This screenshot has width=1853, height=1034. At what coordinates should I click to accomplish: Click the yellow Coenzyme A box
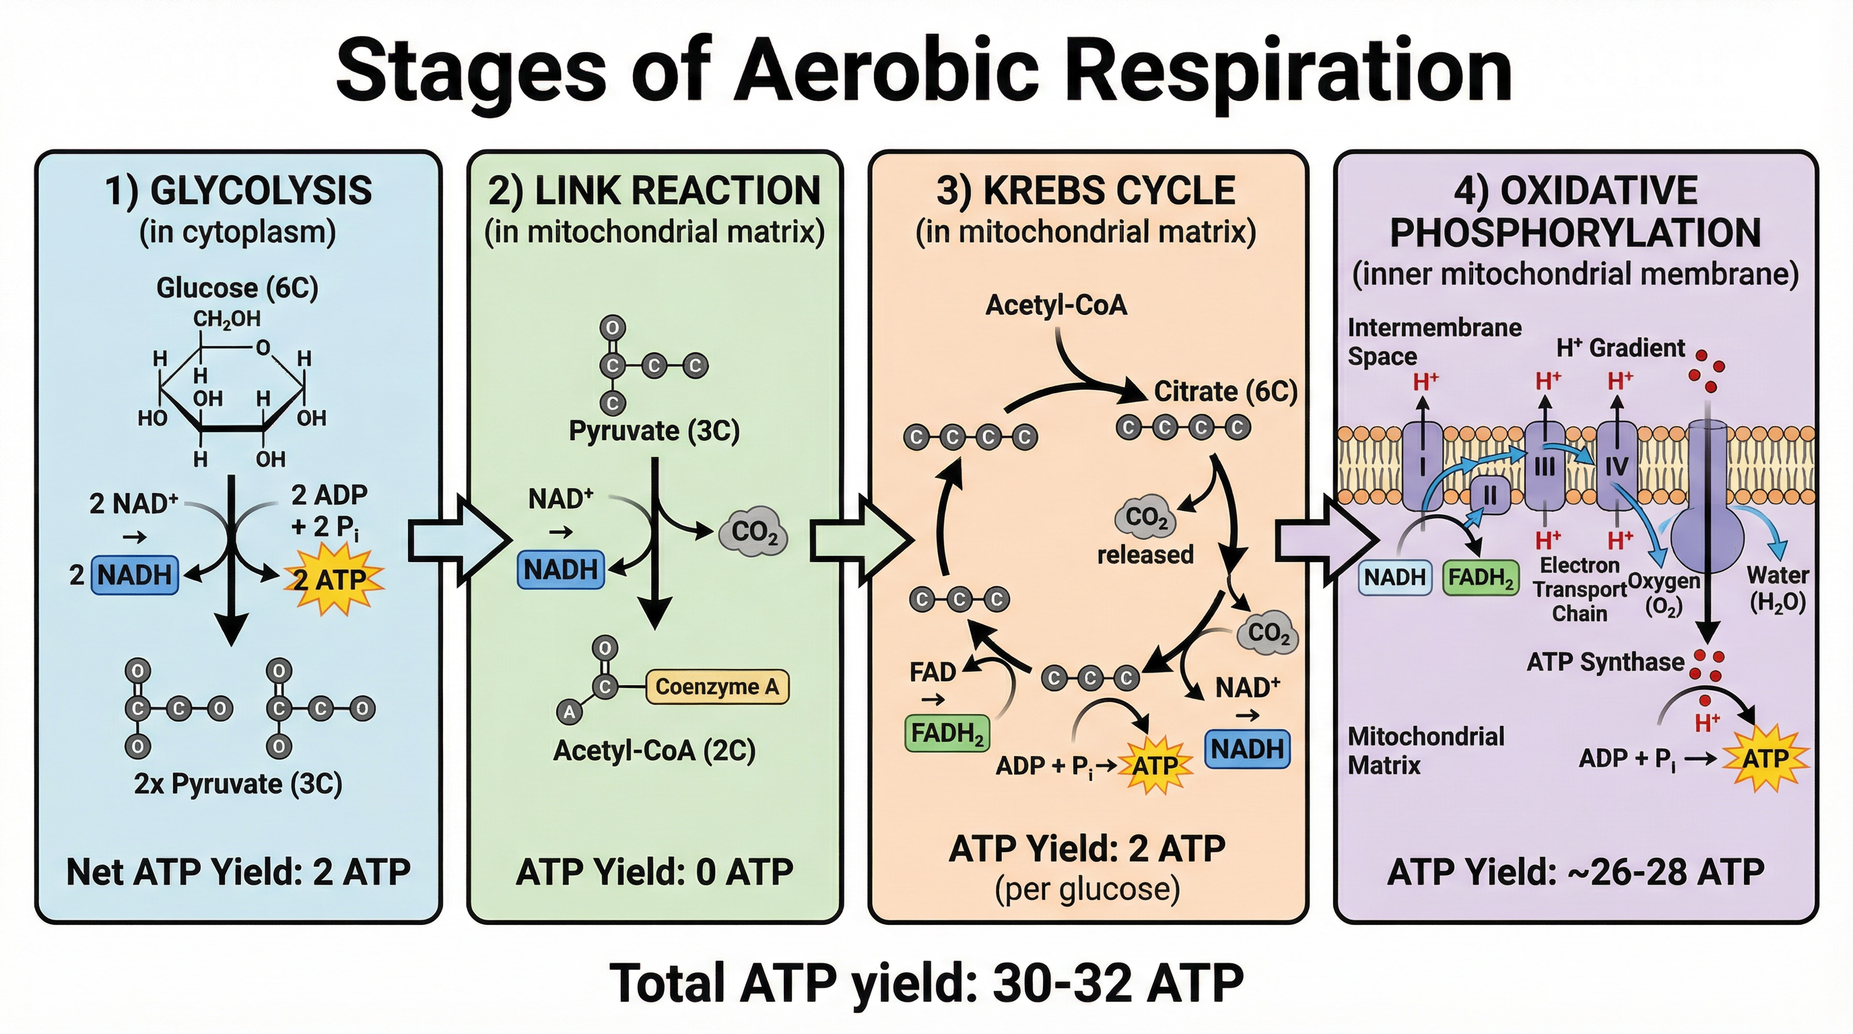pyautogui.click(x=717, y=687)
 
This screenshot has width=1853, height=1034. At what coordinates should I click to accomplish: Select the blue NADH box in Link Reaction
pyautogui.click(x=560, y=570)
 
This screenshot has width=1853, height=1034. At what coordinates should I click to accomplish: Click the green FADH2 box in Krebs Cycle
pyautogui.click(x=947, y=734)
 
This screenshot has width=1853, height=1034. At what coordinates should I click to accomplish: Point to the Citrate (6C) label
pyautogui.click(x=1225, y=392)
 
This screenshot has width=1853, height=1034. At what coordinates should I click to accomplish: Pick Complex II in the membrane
pyautogui.click(x=1489, y=495)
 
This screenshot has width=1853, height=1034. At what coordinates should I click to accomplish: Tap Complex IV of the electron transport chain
pyautogui.click(x=1617, y=466)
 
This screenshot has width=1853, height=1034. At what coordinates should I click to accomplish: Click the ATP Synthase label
pyautogui.click(x=1605, y=662)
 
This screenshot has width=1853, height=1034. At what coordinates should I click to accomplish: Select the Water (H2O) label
pyautogui.click(x=1777, y=588)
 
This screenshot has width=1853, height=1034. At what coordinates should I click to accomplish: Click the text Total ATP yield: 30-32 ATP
pyautogui.click(x=926, y=983)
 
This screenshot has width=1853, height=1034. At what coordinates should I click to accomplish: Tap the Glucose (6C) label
pyautogui.click(x=238, y=287)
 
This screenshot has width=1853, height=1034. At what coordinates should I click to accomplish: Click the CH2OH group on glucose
pyautogui.click(x=227, y=318)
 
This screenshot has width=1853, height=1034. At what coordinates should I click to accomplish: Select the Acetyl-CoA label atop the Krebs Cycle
pyautogui.click(x=1055, y=305)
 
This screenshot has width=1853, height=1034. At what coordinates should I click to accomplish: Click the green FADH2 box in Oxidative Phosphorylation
pyautogui.click(x=1481, y=578)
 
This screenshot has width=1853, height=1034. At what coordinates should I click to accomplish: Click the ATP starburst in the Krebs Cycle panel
pyautogui.click(x=1155, y=766)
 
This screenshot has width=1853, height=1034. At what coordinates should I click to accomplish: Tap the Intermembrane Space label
pyautogui.click(x=1434, y=341)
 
